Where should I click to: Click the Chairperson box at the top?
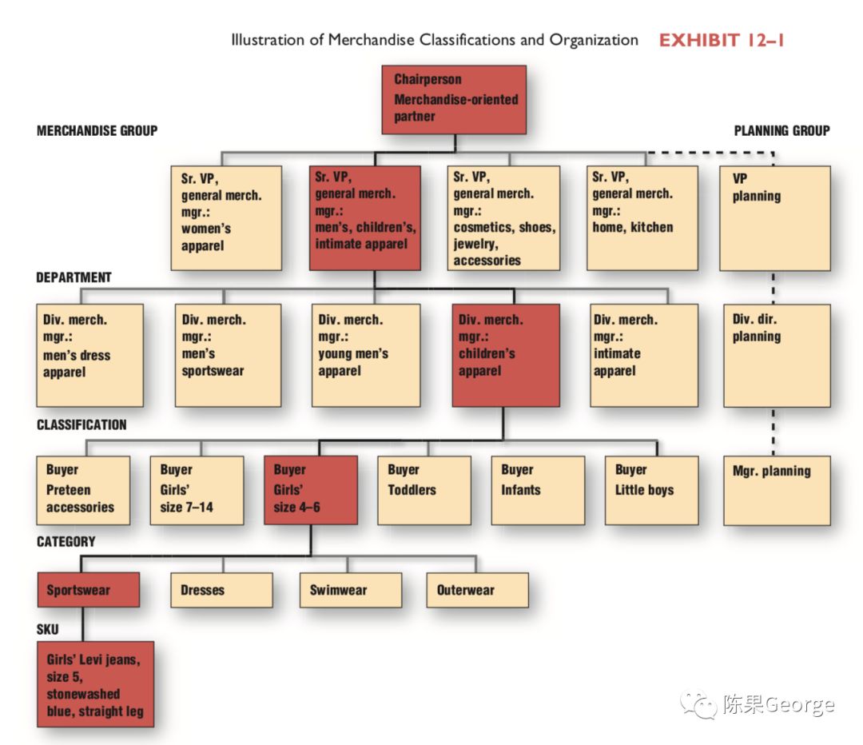pyautogui.click(x=455, y=98)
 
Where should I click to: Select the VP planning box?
pyautogui.click(x=774, y=217)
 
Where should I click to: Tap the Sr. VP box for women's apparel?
pyautogui.click(x=226, y=217)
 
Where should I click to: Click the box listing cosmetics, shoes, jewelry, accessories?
pyautogui.click(x=503, y=217)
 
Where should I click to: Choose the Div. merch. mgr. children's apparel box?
pyautogui.click(x=506, y=355)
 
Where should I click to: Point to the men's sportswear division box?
pyautogui.click(x=228, y=355)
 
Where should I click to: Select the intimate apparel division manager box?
pyautogui.click(x=643, y=355)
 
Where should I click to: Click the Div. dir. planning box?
pyautogui.click(x=774, y=355)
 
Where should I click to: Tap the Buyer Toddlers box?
pyautogui.click(x=424, y=490)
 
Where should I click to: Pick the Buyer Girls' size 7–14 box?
pyautogui.click(x=197, y=490)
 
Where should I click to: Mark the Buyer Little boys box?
pyautogui.click(x=651, y=490)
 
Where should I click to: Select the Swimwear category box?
pyautogui.click(x=350, y=590)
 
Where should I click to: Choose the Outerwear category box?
pyautogui.click(x=476, y=590)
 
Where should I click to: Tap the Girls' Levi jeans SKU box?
pyautogui.click(x=94, y=683)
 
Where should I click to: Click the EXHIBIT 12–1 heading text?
pyautogui.click(x=721, y=40)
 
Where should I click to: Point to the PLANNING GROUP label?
pyautogui.click(x=781, y=130)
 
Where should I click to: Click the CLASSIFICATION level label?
pyautogui.click(x=82, y=424)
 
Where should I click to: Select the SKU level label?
pyautogui.click(x=47, y=629)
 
